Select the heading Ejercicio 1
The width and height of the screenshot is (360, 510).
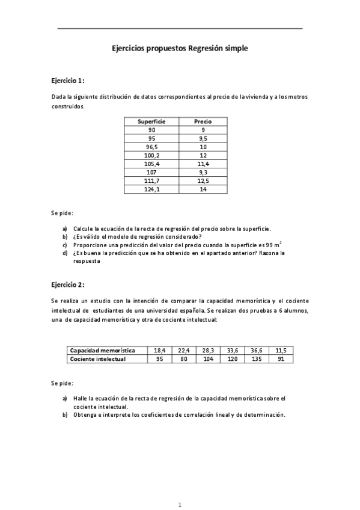click(67, 80)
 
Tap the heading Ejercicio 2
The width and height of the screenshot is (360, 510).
click(67, 284)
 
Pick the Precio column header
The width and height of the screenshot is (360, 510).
click(203, 121)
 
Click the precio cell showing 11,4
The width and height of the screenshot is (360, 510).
click(203, 164)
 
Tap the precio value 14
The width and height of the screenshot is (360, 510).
click(203, 189)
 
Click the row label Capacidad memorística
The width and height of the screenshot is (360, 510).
click(103, 350)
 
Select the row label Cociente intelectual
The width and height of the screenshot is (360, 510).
click(98, 358)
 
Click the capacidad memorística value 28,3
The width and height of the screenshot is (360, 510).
click(208, 350)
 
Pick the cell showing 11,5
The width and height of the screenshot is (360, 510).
click(281, 350)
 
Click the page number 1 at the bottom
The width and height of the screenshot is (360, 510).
click(180, 503)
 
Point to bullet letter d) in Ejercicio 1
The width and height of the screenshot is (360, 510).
click(65, 253)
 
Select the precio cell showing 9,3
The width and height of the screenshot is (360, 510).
click(203, 172)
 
